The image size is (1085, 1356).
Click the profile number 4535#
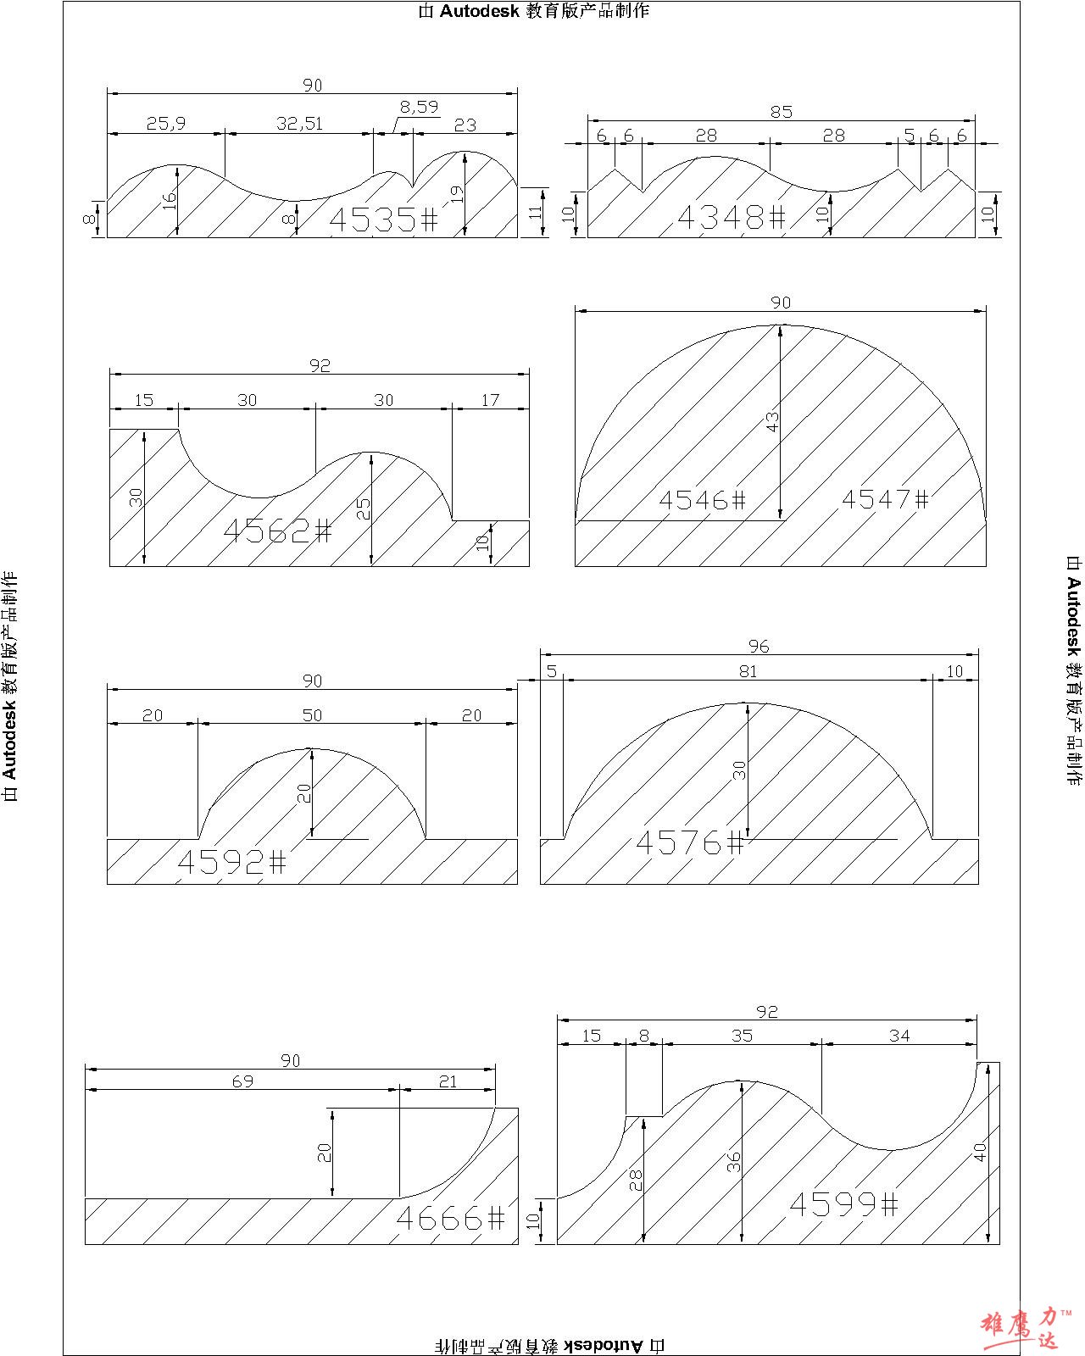[x=383, y=220]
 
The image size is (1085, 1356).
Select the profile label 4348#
[x=732, y=217]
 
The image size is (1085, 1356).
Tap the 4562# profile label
[x=277, y=531]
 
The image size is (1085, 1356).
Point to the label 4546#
[x=702, y=500]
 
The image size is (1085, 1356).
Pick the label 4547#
[x=885, y=499]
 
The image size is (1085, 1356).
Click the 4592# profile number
[x=231, y=862]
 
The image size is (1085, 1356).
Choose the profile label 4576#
[x=689, y=843]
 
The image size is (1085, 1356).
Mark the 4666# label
[x=450, y=1219]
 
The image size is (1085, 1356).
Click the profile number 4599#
[x=843, y=1204]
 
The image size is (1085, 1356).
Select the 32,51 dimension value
[x=299, y=124]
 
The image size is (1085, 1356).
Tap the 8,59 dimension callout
[x=419, y=107]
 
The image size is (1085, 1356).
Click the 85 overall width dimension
[x=781, y=112]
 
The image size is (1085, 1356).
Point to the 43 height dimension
[x=772, y=421]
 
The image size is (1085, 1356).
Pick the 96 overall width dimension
[x=759, y=646]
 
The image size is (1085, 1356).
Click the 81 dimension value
[x=747, y=671]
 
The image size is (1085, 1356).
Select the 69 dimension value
[x=242, y=1081]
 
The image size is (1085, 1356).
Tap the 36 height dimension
[x=734, y=1161]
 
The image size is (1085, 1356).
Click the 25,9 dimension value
[x=165, y=124]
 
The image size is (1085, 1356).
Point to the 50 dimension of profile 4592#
[x=312, y=715]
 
